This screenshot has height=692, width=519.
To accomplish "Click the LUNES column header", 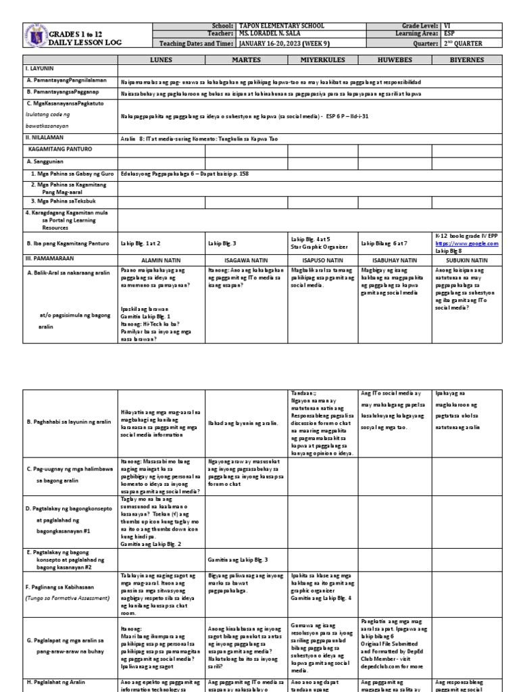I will click(x=161, y=59).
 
